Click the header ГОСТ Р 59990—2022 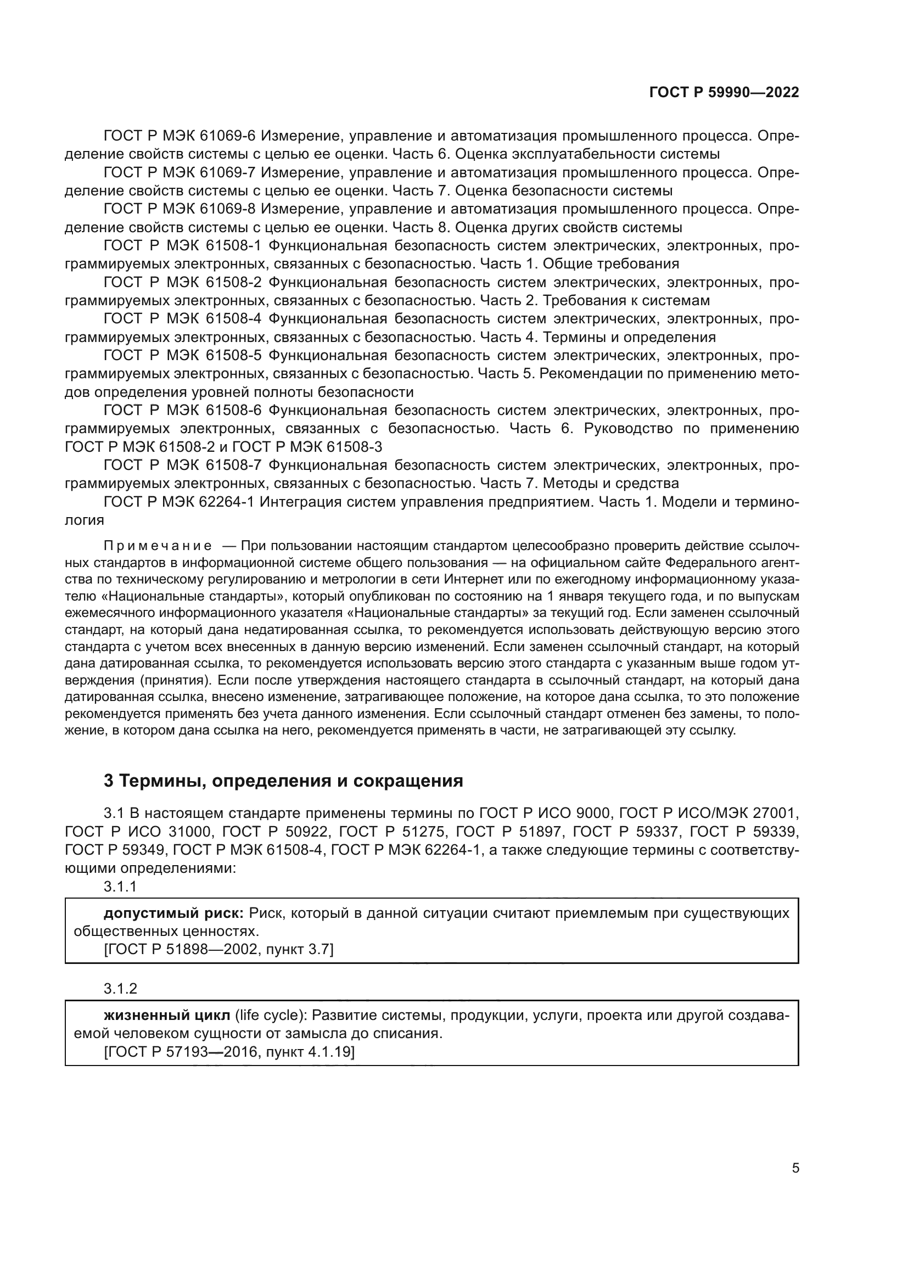pyautogui.click(x=724, y=93)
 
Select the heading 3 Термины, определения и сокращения pyautogui.click(x=283, y=781)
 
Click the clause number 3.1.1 pyautogui.click(x=120, y=887)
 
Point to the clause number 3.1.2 pyautogui.click(x=120, y=989)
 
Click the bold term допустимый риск pyautogui.click(x=173, y=913)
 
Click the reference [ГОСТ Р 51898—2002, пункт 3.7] pyautogui.click(x=218, y=949)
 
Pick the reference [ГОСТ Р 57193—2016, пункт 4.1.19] pyautogui.click(x=229, y=1052)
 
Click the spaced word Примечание pyautogui.click(x=158, y=546)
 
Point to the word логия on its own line pyautogui.click(x=85, y=520)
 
